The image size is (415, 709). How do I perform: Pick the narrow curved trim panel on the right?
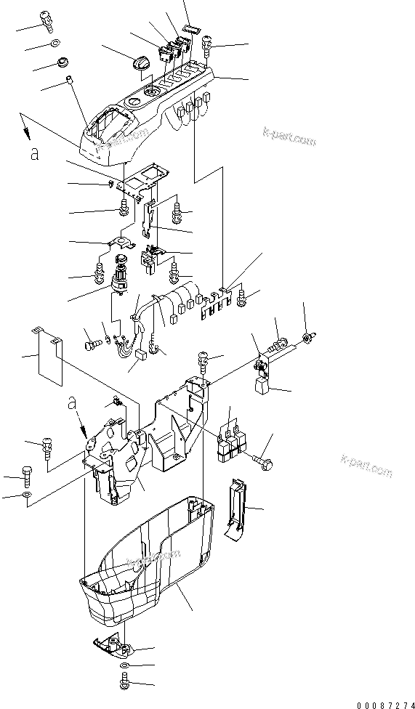pyautogui.click(x=233, y=508)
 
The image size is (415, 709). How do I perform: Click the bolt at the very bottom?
pyautogui.click(x=124, y=682)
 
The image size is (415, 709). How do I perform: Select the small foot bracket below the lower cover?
pyautogui.click(x=113, y=643)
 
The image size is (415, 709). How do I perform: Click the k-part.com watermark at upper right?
pyautogui.click(x=289, y=137)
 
